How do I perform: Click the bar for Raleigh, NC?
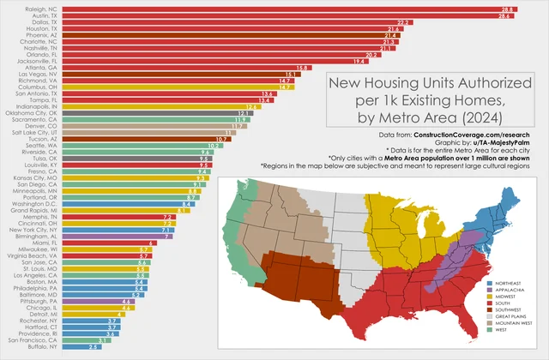pos(292,9)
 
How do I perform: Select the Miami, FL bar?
pos(108,243)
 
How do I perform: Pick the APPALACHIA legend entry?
pos(510,291)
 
